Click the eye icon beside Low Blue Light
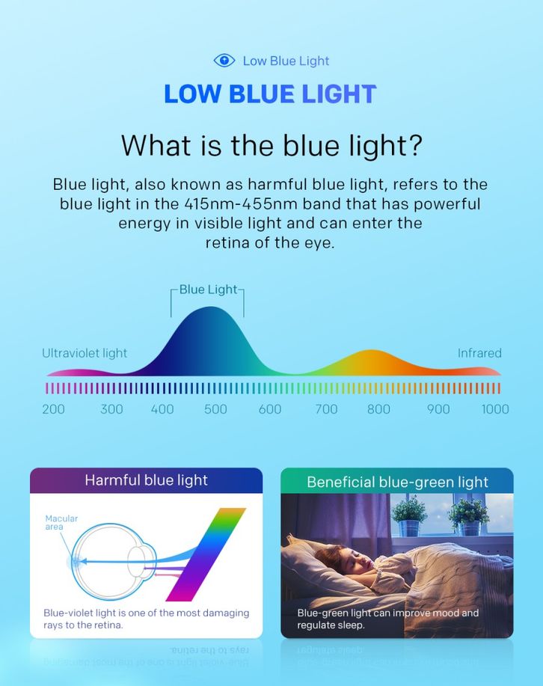[224, 61]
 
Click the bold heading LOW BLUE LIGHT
[270, 94]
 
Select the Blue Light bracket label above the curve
[208, 290]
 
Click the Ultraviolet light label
[85, 353]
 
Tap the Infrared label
[479, 353]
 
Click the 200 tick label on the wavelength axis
[53, 409]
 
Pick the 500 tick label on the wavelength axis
[215, 409]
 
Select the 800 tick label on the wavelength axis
[378, 409]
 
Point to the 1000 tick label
[495, 409]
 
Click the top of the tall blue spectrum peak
[210, 307]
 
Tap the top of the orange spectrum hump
[371, 350]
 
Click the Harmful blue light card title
[146, 480]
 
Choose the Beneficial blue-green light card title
[397, 482]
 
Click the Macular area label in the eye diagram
[61, 522]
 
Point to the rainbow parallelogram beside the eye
[206, 554]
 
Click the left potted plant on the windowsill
[410, 516]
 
